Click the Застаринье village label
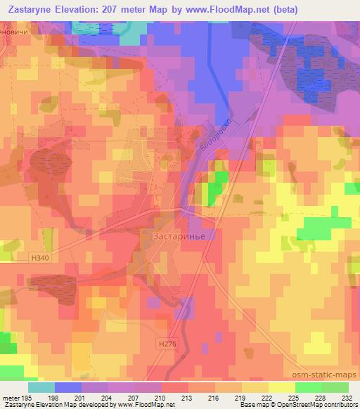tap(179, 237)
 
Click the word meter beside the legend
tap(12, 398)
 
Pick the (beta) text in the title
tap(284, 10)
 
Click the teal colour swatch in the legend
tap(41, 387)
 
